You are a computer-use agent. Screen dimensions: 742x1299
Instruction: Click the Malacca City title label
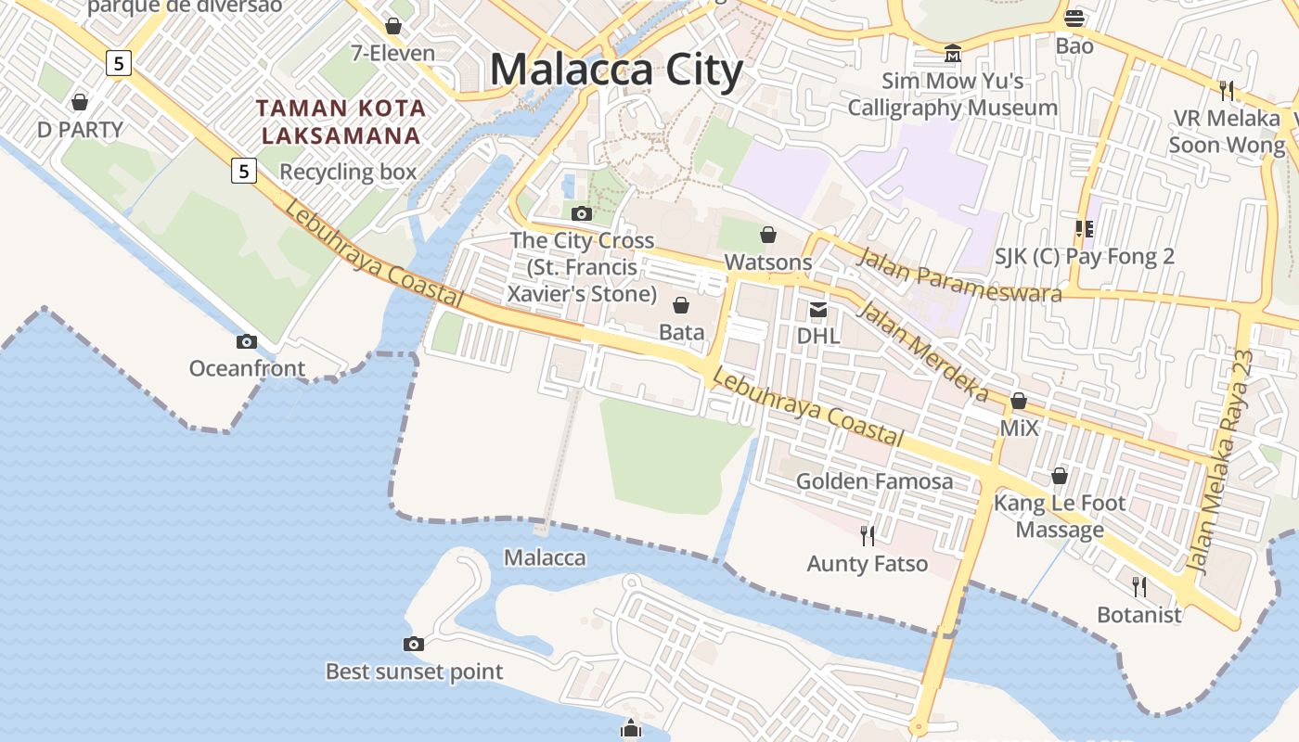point(616,70)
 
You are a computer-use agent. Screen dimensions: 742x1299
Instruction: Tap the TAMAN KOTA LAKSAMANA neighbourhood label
point(341,122)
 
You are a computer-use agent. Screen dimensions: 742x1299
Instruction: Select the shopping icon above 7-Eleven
point(393,26)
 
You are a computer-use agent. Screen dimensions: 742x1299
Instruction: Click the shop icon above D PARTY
point(80,101)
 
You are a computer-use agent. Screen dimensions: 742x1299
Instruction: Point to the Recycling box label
point(348,172)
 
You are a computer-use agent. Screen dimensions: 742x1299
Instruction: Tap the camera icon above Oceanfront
point(246,341)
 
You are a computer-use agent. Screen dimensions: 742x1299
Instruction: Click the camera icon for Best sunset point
point(414,644)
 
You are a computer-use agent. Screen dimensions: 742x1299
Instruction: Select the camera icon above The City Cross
point(582,213)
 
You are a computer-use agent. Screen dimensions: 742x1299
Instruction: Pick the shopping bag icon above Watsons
point(768,235)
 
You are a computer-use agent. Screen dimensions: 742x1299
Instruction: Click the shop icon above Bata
point(681,305)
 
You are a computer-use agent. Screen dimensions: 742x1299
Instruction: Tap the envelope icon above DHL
point(818,309)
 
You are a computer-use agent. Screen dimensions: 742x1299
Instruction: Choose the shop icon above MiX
point(1019,401)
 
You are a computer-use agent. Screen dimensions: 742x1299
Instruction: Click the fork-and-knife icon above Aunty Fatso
point(868,535)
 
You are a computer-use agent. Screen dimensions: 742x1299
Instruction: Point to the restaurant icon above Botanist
point(1139,586)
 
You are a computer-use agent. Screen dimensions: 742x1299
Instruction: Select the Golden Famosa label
point(874,481)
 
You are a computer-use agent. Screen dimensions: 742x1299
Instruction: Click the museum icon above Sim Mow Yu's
point(953,53)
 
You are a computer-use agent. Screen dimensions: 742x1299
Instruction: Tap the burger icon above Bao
point(1074,18)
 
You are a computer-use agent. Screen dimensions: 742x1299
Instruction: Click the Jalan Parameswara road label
point(958,275)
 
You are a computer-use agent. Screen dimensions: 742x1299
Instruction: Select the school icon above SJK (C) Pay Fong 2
point(1084,228)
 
